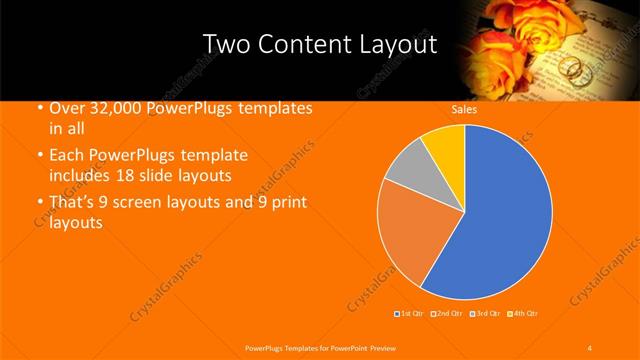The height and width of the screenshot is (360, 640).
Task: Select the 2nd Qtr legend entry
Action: point(448,314)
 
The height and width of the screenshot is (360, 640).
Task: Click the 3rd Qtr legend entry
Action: point(486,314)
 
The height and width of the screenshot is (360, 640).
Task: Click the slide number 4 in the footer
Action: point(589,347)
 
